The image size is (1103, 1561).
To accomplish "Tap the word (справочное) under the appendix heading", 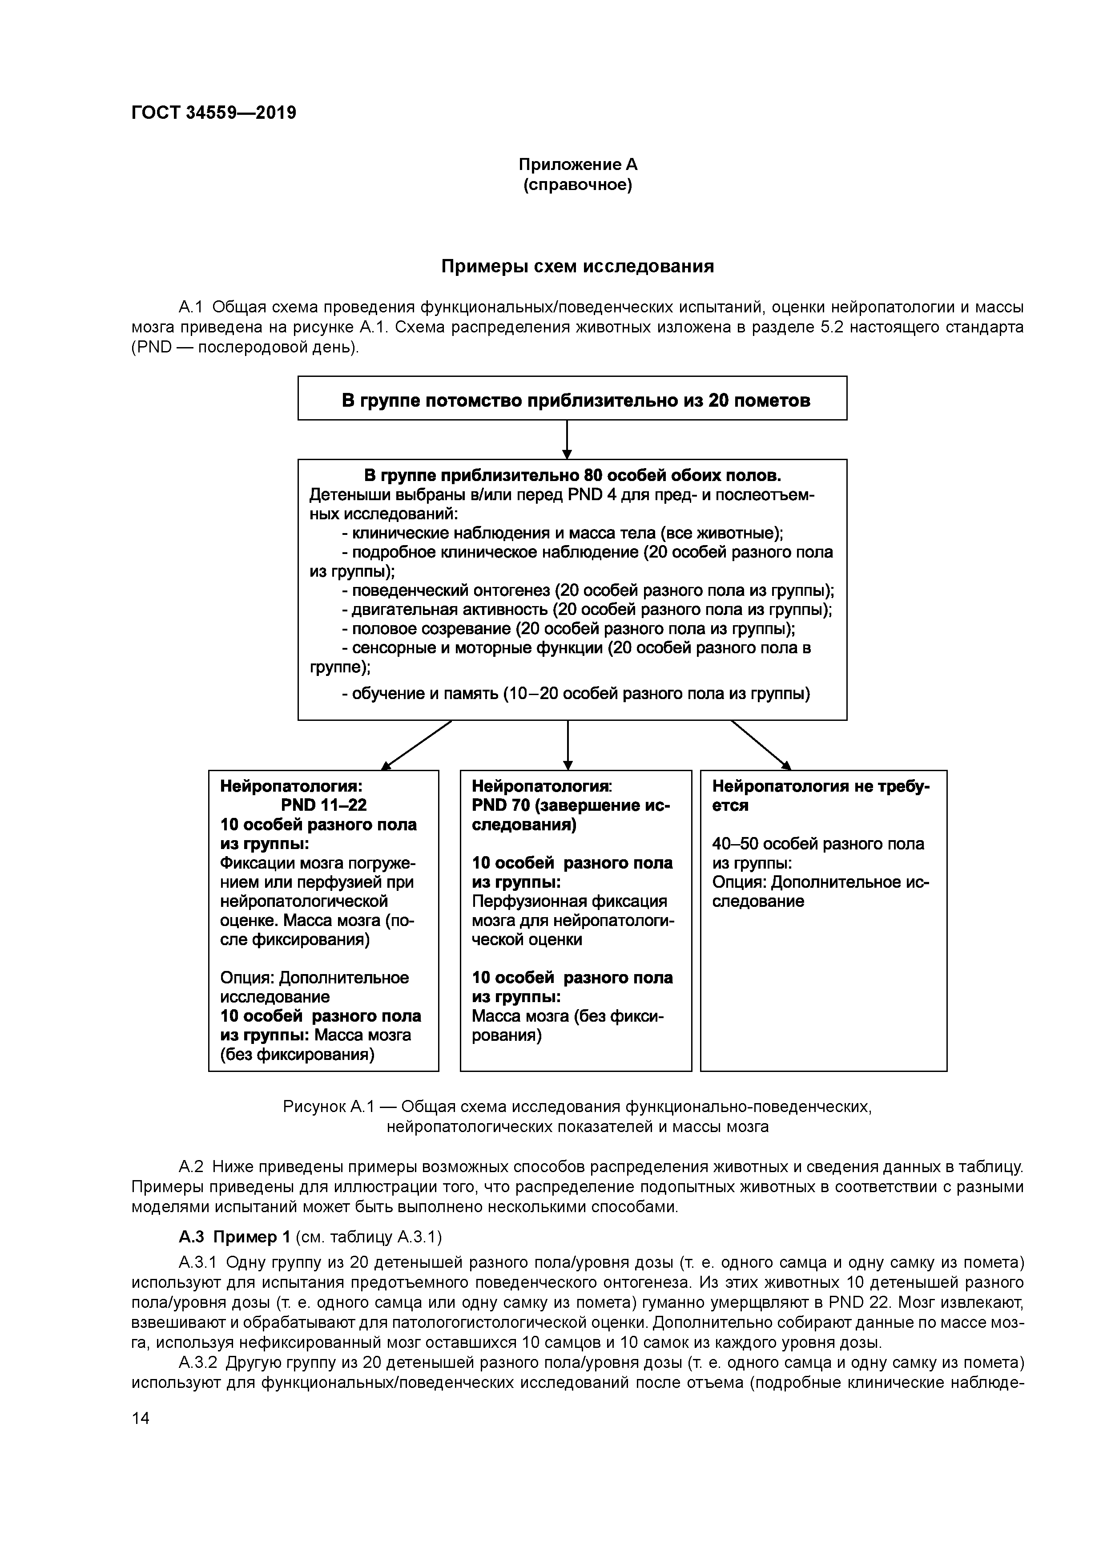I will click(578, 185).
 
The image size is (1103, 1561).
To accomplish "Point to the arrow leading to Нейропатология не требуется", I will click(761, 745).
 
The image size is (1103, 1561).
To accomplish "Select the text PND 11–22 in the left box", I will click(323, 805).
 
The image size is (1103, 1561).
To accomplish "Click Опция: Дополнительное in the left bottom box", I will click(314, 978).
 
